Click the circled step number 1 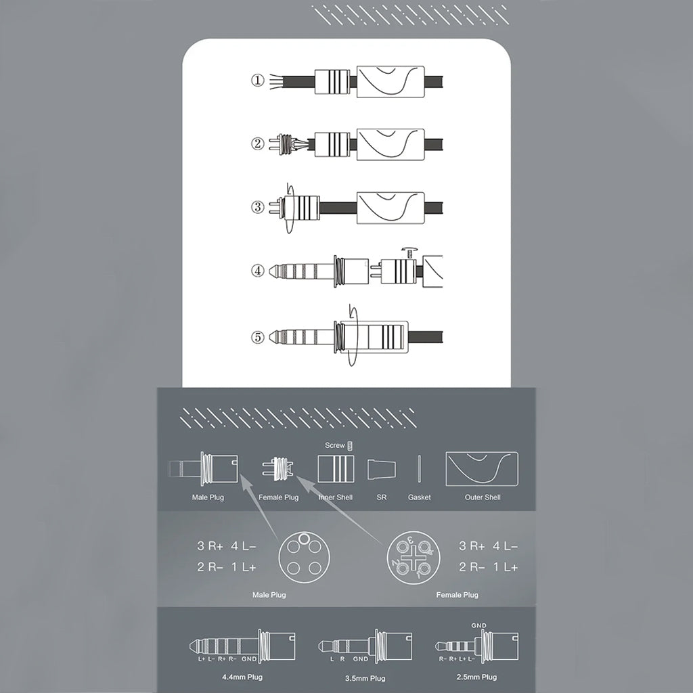257,81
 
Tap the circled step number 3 257,206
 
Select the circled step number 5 257,335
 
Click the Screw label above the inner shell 334,446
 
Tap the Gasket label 419,497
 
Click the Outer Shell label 482,497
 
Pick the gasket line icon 420,469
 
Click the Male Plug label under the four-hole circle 269,595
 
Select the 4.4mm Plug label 242,677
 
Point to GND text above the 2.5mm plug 479,626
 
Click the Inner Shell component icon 336,468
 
